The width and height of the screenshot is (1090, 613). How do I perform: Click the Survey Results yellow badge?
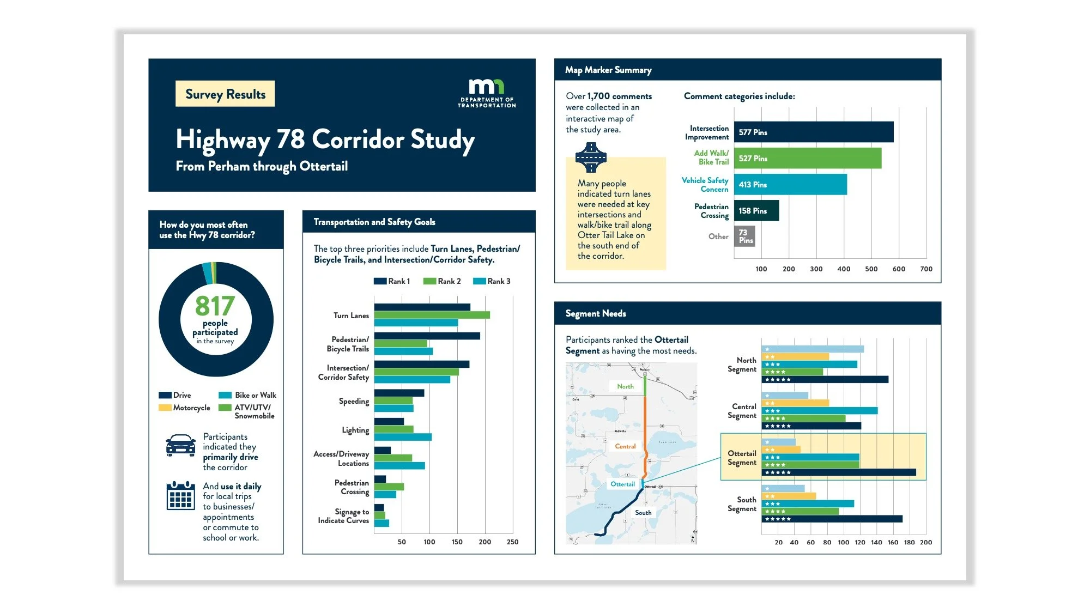pos(225,94)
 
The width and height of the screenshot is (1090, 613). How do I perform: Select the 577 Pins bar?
pos(813,132)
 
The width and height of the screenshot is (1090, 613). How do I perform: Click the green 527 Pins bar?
pos(807,158)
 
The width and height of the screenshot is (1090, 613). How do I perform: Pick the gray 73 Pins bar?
pos(744,236)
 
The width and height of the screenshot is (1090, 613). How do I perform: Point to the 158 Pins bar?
pos(756,211)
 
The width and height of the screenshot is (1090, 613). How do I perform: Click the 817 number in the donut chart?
pos(215,306)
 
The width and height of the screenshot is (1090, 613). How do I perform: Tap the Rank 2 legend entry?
pos(442,281)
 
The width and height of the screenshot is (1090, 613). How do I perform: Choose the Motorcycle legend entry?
pos(185,408)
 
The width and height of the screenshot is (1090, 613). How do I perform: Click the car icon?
pos(181,446)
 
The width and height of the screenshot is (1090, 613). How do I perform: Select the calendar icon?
pos(180,496)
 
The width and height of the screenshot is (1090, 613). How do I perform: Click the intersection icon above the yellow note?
pos(591,157)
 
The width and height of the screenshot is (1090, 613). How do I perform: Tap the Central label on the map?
pos(625,446)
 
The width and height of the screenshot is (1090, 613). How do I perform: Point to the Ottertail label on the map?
pos(622,484)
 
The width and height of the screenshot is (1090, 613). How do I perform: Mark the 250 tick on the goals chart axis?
pos(512,542)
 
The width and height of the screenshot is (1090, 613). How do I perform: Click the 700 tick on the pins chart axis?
pos(926,269)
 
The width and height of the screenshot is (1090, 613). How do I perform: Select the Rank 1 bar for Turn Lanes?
pos(422,307)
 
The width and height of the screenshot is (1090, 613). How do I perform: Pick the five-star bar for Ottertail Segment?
pos(839,472)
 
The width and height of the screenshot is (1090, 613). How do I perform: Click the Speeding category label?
pos(354,401)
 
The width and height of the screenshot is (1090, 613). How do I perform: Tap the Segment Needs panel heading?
pos(596,313)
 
